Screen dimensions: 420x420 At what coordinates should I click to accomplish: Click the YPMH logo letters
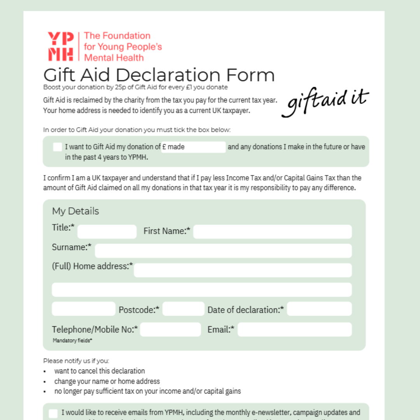pos(61,46)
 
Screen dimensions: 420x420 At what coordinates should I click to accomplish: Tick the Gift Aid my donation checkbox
pos(58,147)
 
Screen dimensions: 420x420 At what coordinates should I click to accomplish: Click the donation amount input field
pos(194,147)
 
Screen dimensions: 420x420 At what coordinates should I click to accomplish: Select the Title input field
pos(107,232)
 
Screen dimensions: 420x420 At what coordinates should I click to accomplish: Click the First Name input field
pos(272,232)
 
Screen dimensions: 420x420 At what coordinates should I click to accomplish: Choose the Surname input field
pos(223,251)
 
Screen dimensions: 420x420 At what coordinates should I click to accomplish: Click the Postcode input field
pos(183,309)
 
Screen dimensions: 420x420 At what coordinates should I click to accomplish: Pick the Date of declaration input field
pos(319,309)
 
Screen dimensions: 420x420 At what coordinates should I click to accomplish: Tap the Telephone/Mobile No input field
pos(170,329)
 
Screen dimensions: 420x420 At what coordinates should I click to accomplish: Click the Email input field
pos(294,329)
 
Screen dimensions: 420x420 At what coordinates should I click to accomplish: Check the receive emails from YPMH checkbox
pos(53,413)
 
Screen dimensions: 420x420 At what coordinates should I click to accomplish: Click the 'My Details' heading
pos(75,211)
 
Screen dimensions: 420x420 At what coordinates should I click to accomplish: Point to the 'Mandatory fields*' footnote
pos(73,341)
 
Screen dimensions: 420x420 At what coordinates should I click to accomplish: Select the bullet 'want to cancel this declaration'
pos(100,371)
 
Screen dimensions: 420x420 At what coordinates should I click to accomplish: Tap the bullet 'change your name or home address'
pos(107,381)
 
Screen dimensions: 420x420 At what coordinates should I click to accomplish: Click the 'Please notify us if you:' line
pos(76,361)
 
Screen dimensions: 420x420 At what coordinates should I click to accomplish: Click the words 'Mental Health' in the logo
pos(114,58)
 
